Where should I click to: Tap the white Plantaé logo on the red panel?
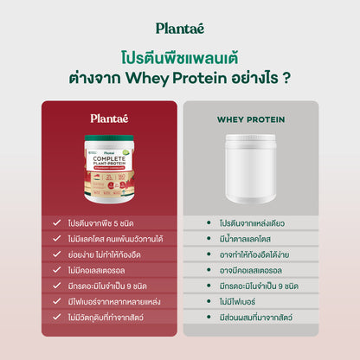coord(110,119)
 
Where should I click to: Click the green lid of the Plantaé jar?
coord(110,137)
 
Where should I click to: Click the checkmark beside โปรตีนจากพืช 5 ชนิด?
coord(55,223)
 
